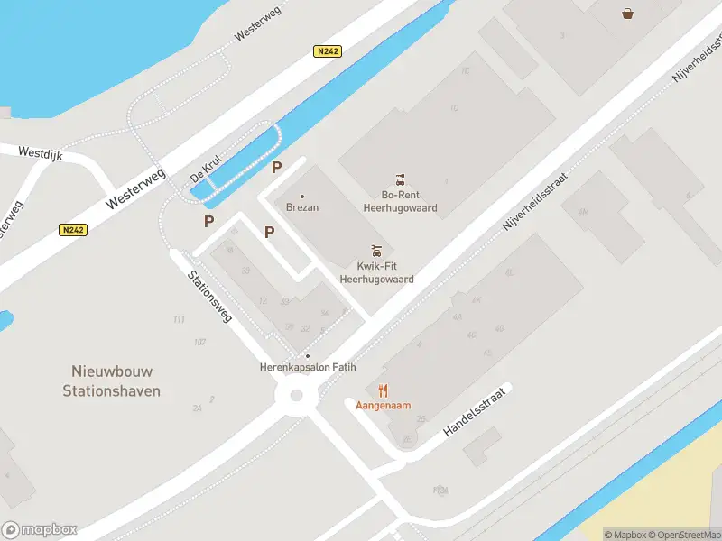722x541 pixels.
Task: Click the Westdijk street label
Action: tap(41, 154)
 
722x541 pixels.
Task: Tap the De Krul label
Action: tap(206, 169)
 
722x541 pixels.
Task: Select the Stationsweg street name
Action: tap(210, 297)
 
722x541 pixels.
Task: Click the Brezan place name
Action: tap(302, 206)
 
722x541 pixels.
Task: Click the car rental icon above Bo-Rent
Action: tap(400, 179)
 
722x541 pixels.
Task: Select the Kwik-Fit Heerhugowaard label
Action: tap(376, 272)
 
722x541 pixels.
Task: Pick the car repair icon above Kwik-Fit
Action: tap(376, 251)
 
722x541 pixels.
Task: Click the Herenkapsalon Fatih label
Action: tap(308, 367)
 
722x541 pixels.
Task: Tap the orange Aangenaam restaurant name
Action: tap(384, 405)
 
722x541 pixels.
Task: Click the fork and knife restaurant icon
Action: tap(384, 390)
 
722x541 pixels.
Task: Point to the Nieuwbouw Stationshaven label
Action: tap(112, 381)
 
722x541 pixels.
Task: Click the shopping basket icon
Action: tap(627, 13)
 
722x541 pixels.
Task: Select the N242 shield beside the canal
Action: tap(328, 51)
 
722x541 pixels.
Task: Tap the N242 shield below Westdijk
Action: tap(73, 230)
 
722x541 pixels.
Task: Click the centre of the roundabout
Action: tap(294, 395)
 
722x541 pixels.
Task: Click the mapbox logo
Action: tap(40, 530)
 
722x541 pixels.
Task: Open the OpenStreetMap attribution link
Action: tap(683, 535)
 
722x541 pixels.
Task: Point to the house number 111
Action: tap(179, 319)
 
